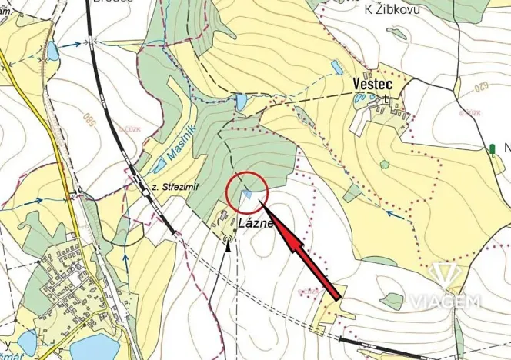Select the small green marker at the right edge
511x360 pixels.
(x=492, y=148)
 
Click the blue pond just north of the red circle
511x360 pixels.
(x=242, y=102)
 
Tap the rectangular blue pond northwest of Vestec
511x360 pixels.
(x=336, y=68)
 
